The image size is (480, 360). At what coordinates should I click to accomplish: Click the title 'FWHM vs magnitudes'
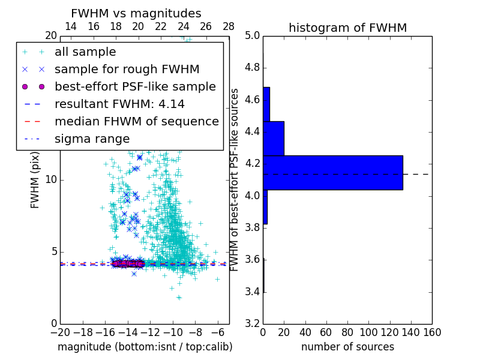tap(136, 13)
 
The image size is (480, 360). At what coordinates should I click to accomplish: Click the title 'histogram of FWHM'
tap(347, 28)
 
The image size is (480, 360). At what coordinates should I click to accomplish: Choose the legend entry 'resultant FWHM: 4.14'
tap(119, 104)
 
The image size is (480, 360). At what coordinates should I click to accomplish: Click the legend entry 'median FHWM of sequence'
tap(136, 121)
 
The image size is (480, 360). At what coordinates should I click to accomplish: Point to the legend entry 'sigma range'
tap(92, 139)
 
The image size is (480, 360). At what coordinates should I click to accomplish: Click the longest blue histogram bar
tap(332, 173)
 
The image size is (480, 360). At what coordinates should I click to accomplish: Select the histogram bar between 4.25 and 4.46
tap(274, 139)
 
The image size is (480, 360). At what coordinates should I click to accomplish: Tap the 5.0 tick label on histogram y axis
tap(253, 35)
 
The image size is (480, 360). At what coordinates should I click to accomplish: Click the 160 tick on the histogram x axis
tap(432, 332)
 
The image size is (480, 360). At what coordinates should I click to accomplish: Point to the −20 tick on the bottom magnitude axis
tap(60, 332)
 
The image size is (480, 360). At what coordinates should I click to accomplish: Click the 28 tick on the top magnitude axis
tap(229, 26)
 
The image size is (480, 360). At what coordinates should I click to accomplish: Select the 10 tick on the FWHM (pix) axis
tap(51, 180)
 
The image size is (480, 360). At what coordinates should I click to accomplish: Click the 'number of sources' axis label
tap(347, 347)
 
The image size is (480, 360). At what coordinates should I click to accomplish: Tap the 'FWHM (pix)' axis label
tap(35, 180)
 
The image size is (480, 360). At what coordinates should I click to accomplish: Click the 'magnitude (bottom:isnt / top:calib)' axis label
tap(145, 347)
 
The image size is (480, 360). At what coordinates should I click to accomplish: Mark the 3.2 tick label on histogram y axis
tap(253, 324)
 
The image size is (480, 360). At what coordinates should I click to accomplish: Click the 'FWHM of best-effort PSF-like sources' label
tap(235, 180)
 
